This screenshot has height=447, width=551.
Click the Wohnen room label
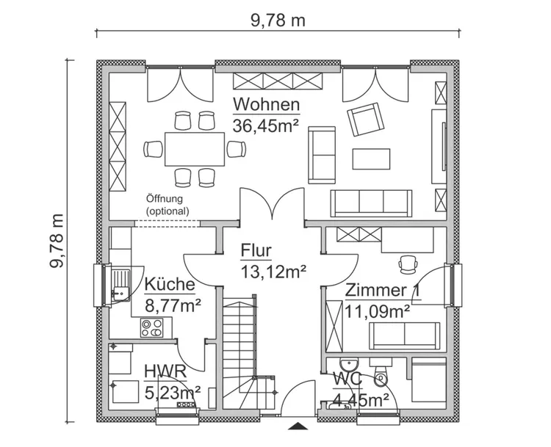(266, 103)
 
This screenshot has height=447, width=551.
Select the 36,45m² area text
(266, 125)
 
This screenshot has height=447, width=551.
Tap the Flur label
(256, 251)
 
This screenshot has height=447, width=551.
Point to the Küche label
(170, 285)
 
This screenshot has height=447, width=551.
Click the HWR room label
(165, 372)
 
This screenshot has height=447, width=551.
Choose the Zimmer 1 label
(383, 291)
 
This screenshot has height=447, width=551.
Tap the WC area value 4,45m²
(361, 399)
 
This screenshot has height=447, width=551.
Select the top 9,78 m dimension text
(278, 20)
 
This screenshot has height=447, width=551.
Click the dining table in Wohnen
(194, 149)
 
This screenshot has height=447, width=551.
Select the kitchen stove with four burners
(153, 327)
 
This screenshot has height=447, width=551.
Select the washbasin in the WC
(347, 366)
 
